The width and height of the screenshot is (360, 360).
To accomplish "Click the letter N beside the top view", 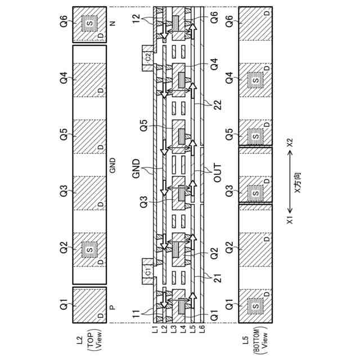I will [x=112, y=22].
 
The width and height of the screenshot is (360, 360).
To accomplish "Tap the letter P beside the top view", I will [x=112, y=307].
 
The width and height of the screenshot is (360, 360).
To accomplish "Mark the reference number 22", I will [x=215, y=103].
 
